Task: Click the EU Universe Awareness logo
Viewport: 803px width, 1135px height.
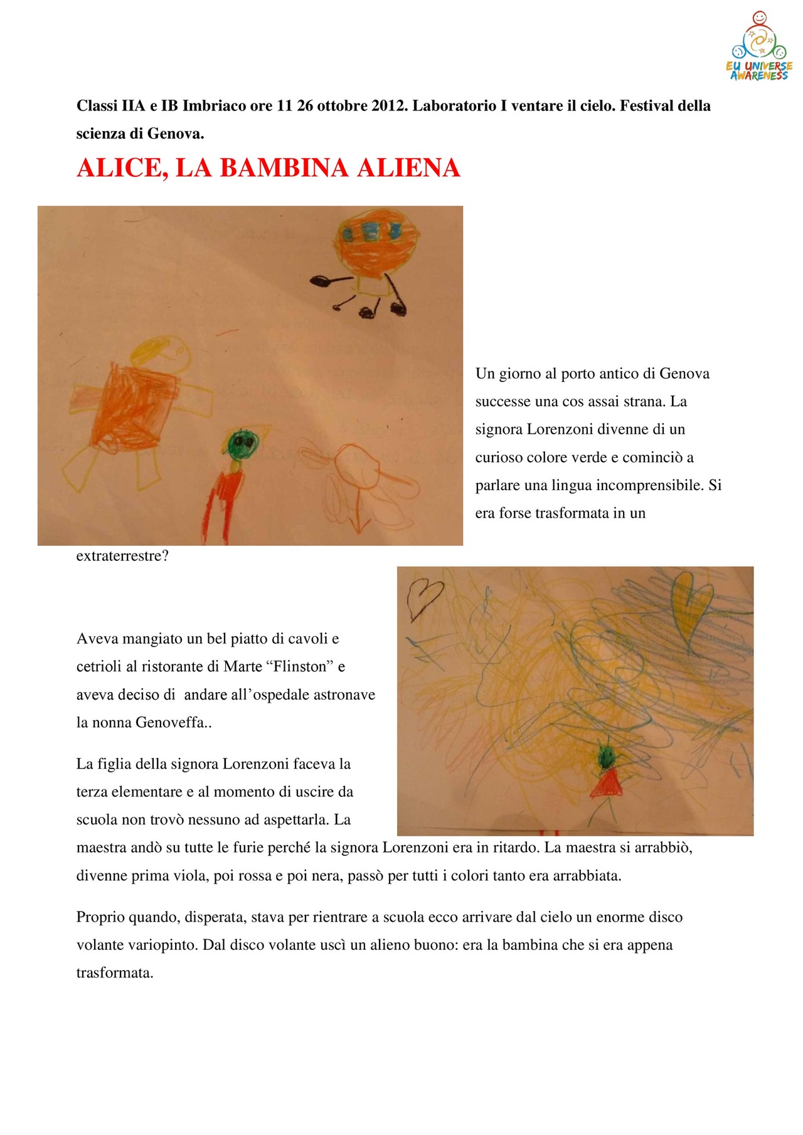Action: pyautogui.click(x=759, y=47)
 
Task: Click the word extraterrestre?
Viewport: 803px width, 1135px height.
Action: pyautogui.click(x=122, y=556)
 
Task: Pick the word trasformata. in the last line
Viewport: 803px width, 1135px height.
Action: pyautogui.click(x=115, y=973)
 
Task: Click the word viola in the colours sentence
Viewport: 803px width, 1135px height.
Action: pyautogui.click(x=189, y=875)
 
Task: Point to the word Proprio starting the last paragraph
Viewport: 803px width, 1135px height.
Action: pyautogui.click(x=100, y=917)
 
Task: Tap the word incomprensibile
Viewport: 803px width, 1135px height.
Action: pyautogui.click(x=642, y=485)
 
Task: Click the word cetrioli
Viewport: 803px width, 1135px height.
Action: pyautogui.click(x=99, y=666)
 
